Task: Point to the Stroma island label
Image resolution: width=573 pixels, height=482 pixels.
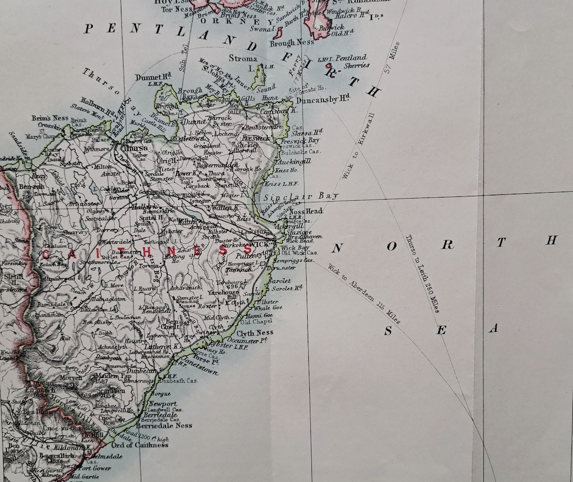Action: [x=244, y=59]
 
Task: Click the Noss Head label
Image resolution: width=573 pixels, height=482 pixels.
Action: [x=306, y=211]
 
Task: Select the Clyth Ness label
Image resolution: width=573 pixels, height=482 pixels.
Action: [x=254, y=333]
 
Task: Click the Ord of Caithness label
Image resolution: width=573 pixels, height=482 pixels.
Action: [x=140, y=445]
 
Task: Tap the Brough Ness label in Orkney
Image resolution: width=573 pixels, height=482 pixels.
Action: [x=292, y=42]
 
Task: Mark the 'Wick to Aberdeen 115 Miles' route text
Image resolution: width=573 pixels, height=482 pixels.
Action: [x=364, y=294]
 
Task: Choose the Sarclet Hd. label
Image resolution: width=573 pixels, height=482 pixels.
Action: [x=287, y=288]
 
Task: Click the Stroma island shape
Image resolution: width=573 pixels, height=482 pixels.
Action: [x=259, y=77]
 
